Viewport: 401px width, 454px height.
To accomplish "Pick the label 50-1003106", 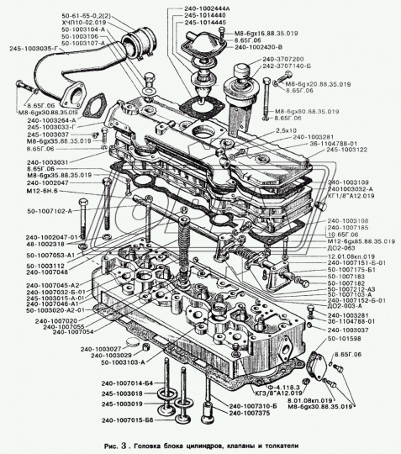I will tap(102, 37).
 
